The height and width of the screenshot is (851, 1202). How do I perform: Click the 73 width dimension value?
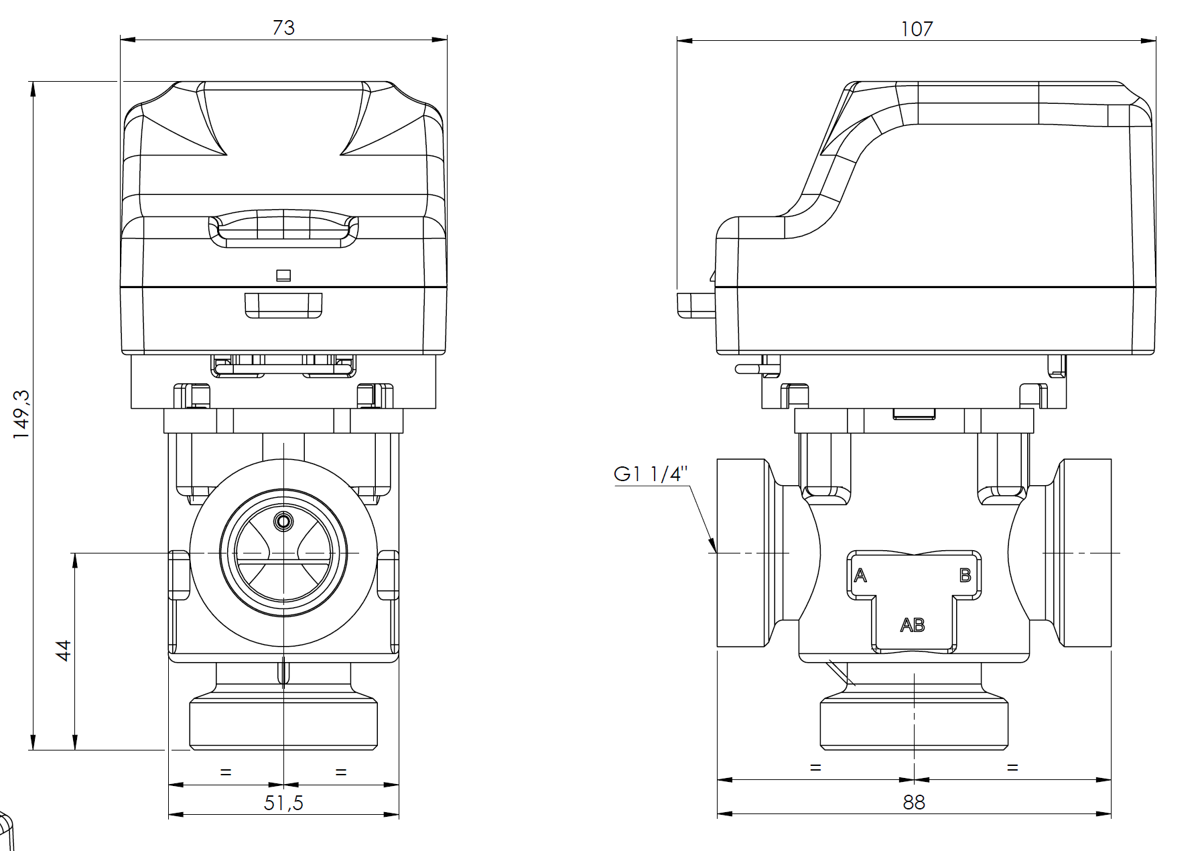coord(283,27)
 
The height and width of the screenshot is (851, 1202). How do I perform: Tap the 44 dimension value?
coord(64,650)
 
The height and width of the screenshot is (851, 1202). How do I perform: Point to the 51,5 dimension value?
coord(283,802)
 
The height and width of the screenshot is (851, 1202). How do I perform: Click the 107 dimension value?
coord(916,29)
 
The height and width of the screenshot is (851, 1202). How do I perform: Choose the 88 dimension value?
coord(913,802)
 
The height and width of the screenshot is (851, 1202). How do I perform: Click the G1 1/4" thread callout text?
coord(651,474)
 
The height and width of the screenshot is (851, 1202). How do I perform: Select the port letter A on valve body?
coord(860,575)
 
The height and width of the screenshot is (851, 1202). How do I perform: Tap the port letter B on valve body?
coord(965,575)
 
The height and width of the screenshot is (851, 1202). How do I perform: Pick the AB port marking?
coord(912,625)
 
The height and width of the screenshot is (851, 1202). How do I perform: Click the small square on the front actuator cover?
coord(283,275)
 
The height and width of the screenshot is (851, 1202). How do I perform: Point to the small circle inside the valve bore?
coord(283,521)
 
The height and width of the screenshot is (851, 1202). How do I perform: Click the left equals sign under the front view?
coord(226,772)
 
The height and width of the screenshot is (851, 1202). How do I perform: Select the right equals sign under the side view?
coord(1012,767)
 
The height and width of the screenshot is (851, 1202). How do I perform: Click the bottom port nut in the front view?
coord(283,724)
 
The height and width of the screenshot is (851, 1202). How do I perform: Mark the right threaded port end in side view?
coord(1086,553)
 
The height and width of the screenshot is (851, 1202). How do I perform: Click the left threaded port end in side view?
coord(741,553)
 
